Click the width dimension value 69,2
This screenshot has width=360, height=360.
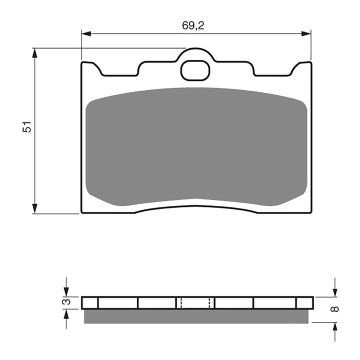pos(192,26)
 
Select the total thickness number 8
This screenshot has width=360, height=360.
pos(335,308)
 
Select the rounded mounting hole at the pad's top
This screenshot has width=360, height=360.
pos(195,70)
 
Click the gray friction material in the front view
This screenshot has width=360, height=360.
pos(196,147)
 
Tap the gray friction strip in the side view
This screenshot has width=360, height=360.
pos(196,315)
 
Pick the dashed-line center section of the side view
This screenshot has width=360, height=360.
pos(195,302)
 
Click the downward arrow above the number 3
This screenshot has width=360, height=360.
pos(65,290)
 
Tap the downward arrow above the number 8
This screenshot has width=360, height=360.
pos(335,290)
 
